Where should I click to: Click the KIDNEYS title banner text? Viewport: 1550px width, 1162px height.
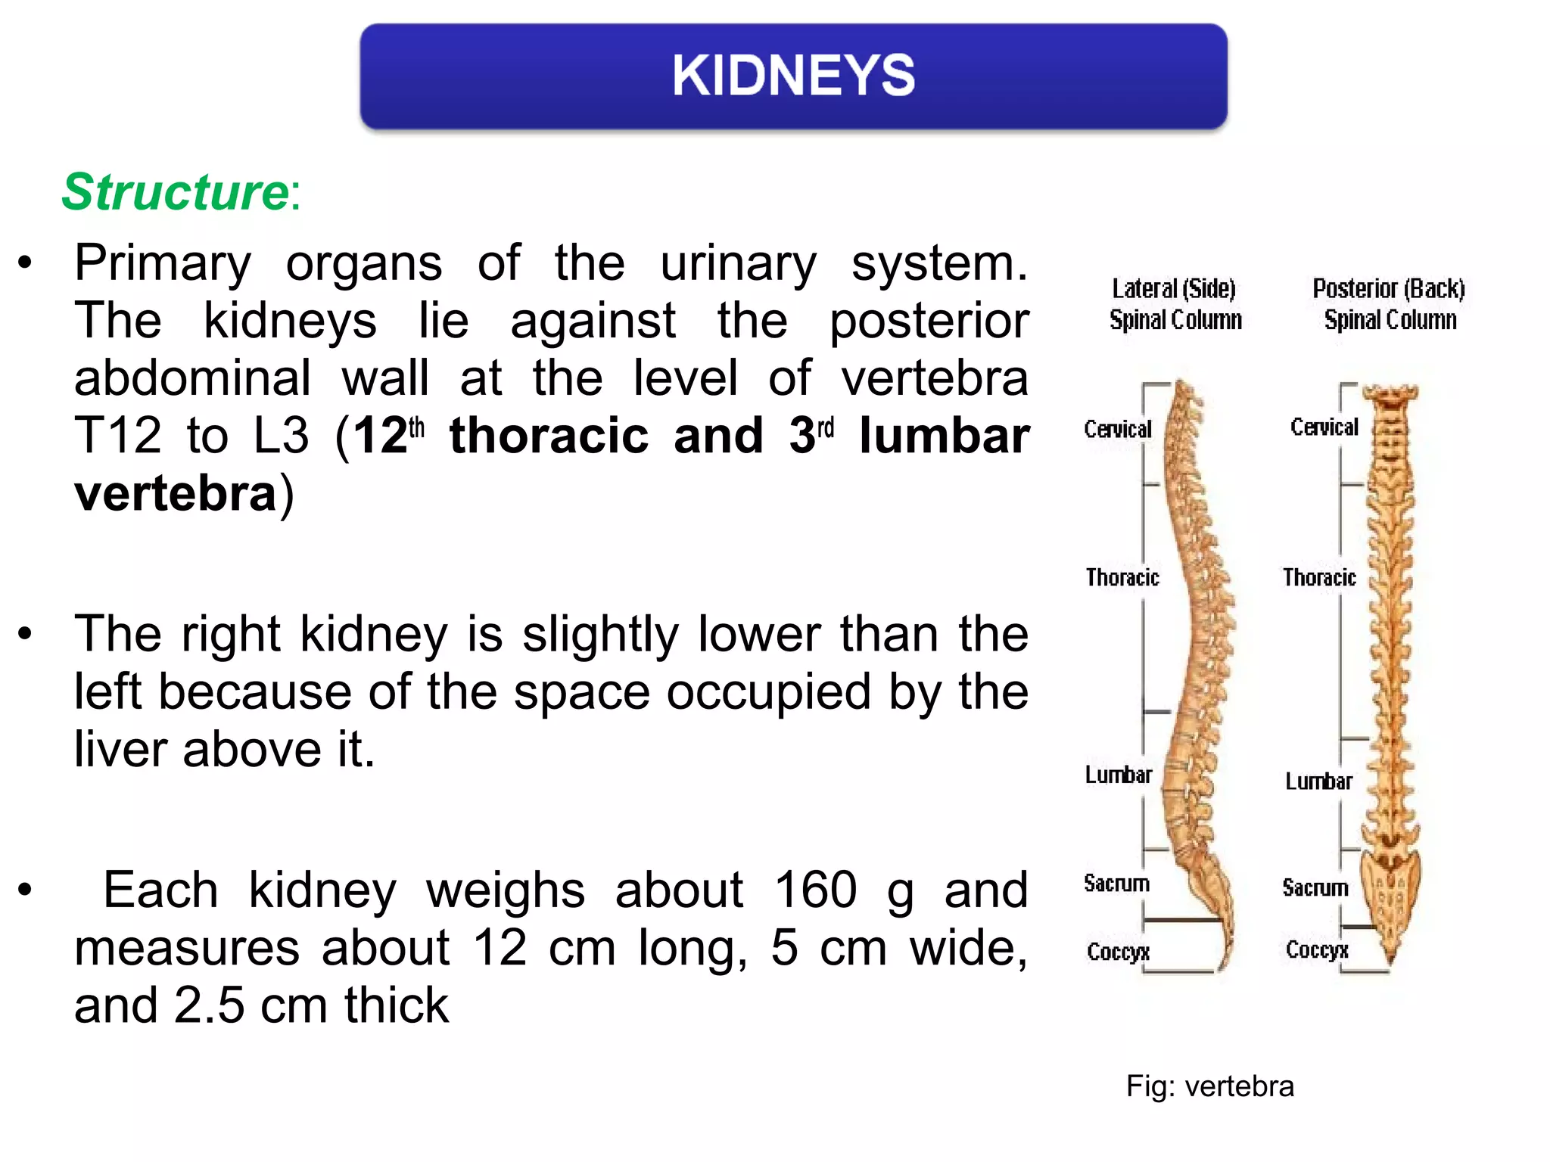[793, 76]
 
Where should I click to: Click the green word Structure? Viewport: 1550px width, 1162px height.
[175, 192]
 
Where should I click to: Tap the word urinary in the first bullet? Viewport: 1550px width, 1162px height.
[738, 264]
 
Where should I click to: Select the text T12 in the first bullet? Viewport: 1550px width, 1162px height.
[118, 436]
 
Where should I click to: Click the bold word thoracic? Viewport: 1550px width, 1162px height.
[549, 436]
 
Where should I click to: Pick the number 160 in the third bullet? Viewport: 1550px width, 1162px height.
[815, 890]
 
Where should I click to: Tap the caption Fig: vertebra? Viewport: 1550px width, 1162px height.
[1209, 1086]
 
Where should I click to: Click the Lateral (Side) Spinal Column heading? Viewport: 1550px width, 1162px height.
[1175, 304]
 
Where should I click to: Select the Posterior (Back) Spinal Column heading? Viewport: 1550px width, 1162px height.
[1389, 304]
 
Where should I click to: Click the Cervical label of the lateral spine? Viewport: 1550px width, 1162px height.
[1117, 430]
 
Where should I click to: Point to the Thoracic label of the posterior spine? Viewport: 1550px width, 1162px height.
[1318, 578]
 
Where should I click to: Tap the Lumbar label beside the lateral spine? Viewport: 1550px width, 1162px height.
[1118, 775]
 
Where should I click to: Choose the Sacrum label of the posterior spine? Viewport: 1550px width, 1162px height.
[1315, 887]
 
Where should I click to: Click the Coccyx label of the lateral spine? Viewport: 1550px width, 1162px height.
[1118, 952]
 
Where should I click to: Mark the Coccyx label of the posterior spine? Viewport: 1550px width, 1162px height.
[1317, 950]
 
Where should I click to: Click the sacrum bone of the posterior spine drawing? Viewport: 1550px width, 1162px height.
[1391, 893]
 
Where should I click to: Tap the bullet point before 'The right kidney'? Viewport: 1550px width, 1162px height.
[26, 633]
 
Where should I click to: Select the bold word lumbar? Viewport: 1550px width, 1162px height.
[944, 436]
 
